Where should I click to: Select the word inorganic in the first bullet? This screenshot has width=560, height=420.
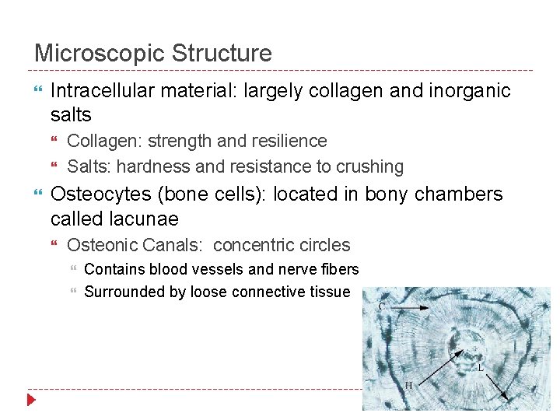[x=469, y=91]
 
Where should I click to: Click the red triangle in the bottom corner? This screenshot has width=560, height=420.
[x=30, y=401]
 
